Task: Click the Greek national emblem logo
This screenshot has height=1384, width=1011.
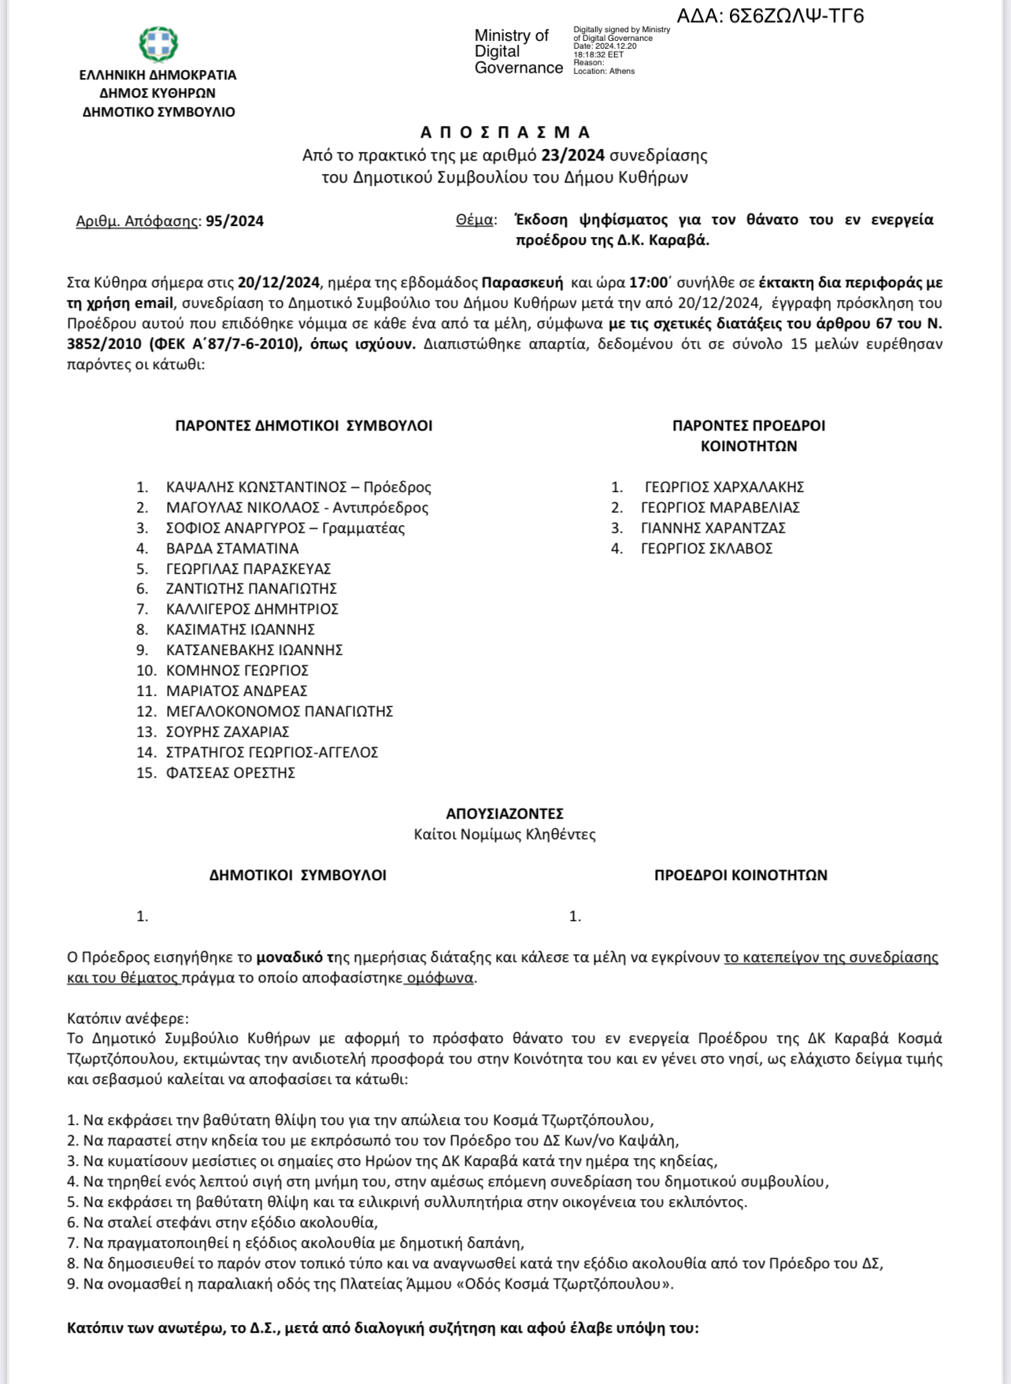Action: (x=158, y=44)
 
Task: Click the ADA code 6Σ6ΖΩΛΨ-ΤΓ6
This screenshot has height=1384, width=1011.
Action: (x=770, y=16)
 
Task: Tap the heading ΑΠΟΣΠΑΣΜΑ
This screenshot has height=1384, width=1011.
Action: (x=505, y=132)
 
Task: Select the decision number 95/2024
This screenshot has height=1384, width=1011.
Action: (x=235, y=221)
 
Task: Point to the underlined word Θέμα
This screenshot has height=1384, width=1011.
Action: (x=476, y=220)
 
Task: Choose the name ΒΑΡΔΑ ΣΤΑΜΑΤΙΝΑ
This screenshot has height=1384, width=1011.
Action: (x=232, y=549)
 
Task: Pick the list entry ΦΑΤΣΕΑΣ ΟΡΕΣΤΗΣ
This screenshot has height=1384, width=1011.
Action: (x=230, y=773)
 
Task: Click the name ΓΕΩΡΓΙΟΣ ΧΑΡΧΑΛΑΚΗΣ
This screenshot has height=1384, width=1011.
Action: (x=724, y=487)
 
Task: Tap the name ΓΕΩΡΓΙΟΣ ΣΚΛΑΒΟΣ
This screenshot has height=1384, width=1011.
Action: (x=706, y=549)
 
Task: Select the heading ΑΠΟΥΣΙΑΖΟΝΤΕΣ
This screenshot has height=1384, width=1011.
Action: (x=505, y=814)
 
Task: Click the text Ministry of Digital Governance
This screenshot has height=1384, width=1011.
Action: (x=518, y=52)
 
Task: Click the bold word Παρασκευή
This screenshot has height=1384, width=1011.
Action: (x=522, y=283)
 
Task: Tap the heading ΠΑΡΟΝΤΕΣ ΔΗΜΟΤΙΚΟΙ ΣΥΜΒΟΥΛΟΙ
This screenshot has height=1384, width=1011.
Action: (x=303, y=426)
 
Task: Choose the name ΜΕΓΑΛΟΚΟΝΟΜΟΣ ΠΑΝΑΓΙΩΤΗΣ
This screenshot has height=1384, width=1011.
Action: (x=280, y=712)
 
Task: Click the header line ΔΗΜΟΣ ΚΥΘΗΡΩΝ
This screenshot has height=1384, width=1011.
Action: (x=157, y=93)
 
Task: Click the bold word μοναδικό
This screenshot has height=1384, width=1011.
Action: (x=290, y=957)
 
